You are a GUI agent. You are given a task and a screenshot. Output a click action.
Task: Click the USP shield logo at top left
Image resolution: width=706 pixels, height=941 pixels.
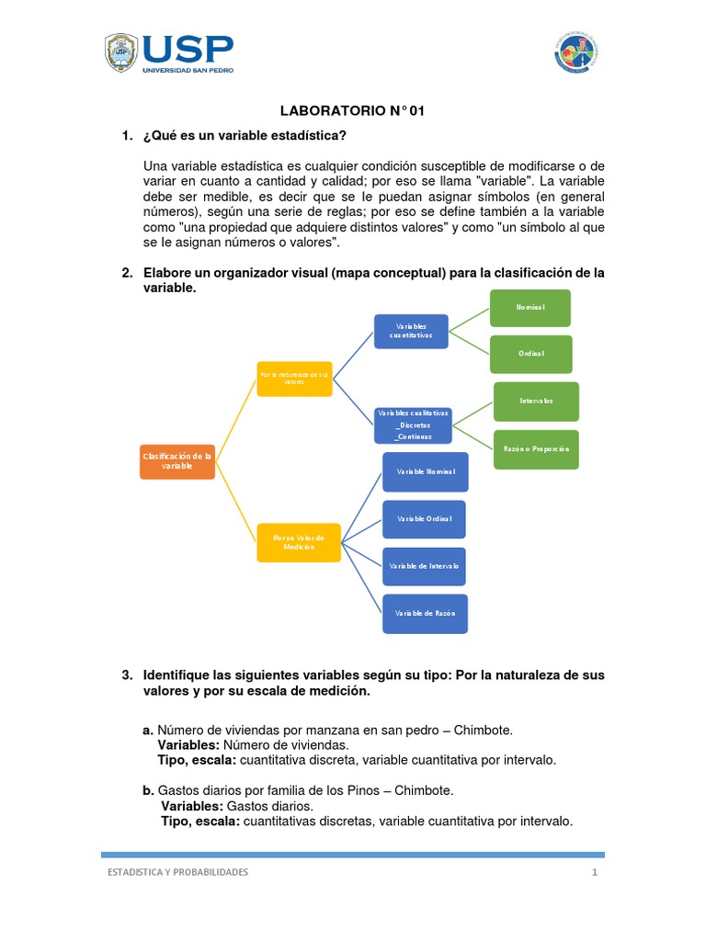tap(121, 54)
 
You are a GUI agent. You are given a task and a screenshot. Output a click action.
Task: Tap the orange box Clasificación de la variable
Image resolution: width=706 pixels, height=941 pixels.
tap(177, 460)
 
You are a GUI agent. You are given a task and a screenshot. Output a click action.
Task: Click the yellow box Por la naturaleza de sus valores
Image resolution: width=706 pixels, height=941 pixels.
tap(294, 379)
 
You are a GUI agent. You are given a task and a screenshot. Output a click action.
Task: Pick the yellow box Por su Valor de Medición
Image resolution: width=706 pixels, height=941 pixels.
tap(293, 542)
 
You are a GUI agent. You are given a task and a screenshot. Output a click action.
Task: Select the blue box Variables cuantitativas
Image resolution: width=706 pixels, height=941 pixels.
tap(410, 331)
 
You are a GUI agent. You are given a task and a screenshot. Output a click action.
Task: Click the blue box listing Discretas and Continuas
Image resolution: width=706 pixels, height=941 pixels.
tap(412, 425)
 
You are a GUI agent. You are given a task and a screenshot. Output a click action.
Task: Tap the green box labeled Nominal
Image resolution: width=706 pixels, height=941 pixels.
tap(530, 308)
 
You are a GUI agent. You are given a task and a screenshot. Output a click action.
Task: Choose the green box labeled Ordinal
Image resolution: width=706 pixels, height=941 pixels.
tap(530, 354)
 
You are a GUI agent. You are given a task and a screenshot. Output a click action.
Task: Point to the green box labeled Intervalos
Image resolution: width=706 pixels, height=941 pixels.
tap(536, 402)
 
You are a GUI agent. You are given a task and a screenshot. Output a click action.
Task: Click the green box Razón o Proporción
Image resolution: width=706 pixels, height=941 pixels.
tap(536, 448)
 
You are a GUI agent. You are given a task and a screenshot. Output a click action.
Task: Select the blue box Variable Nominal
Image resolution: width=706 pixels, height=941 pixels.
tap(425, 471)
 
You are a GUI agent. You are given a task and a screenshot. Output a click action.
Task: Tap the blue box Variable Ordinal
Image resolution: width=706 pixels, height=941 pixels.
tap(424, 519)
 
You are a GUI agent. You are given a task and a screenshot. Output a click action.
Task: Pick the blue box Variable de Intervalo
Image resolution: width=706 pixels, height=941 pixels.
tap(424, 566)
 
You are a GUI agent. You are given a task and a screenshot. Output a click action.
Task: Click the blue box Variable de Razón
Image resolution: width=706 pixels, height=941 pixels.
tap(424, 613)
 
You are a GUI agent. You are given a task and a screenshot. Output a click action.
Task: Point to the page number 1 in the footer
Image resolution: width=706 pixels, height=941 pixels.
tap(595, 873)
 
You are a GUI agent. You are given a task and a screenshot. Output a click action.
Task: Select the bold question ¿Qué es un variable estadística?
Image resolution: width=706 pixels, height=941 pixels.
tap(245, 136)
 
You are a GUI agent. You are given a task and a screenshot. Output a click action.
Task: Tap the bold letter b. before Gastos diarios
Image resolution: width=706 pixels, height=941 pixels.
tap(148, 790)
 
